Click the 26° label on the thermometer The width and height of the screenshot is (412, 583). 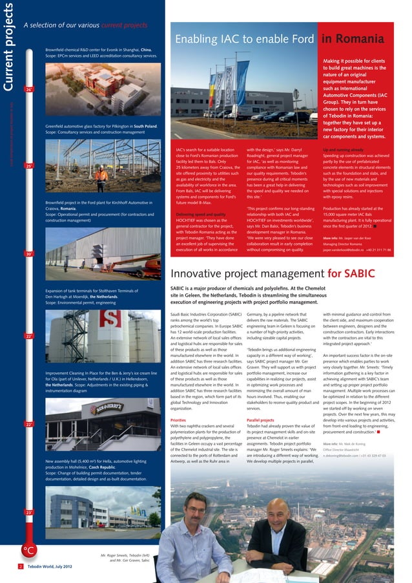click(x=29, y=89)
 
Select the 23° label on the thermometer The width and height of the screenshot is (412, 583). click(x=29, y=512)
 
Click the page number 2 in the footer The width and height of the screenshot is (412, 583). click(x=21, y=566)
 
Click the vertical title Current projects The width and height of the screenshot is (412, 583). click(x=9, y=45)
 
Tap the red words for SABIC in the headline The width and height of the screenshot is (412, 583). click(x=351, y=273)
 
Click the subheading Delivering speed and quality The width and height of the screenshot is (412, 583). click(x=200, y=214)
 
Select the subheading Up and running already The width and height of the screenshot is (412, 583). click(x=343, y=150)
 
